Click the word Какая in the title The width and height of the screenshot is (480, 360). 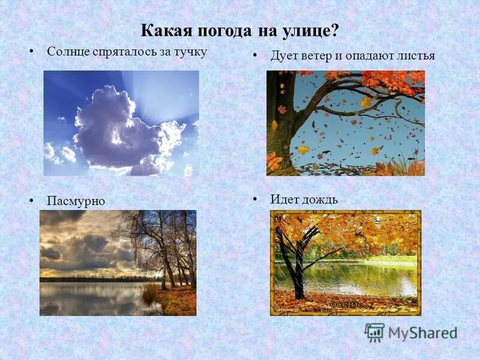pos(161,30)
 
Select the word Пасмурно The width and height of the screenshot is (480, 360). pos(76,201)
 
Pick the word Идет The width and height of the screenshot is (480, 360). pos(283,199)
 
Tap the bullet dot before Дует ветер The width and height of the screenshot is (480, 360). pos(255,55)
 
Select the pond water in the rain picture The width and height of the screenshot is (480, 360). pos(360,277)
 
